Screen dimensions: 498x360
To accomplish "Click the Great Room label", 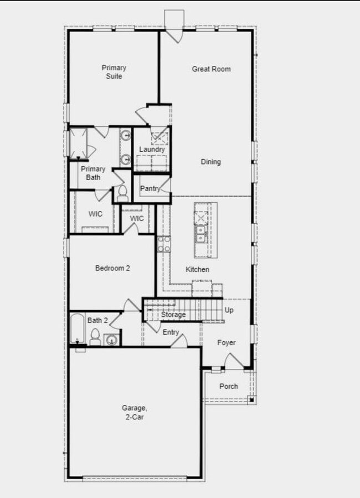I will (x=211, y=69).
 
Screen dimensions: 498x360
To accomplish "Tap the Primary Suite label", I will (x=114, y=72).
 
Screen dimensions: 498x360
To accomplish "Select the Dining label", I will (x=210, y=162).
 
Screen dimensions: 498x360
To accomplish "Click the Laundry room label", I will (x=152, y=150).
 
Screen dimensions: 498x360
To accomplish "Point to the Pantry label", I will (x=150, y=188).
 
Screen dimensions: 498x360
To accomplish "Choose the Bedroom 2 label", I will (x=112, y=268).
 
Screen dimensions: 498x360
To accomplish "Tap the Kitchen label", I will (x=197, y=270).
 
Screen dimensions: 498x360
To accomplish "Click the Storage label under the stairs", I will (x=173, y=315).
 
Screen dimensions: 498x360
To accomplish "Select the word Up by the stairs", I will (x=229, y=310).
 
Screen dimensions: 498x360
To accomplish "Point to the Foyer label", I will (x=226, y=343).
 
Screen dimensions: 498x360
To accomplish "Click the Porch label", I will (x=229, y=386).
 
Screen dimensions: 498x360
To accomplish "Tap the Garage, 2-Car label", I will (x=133, y=413).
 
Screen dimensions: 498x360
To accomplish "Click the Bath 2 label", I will (x=97, y=320).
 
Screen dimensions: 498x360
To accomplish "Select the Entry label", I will (x=171, y=332).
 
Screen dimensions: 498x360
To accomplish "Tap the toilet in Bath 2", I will (x=95, y=337).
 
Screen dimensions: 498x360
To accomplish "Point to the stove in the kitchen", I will (x=164, y=244).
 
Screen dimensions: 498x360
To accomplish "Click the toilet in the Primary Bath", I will (x=122, y=193).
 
